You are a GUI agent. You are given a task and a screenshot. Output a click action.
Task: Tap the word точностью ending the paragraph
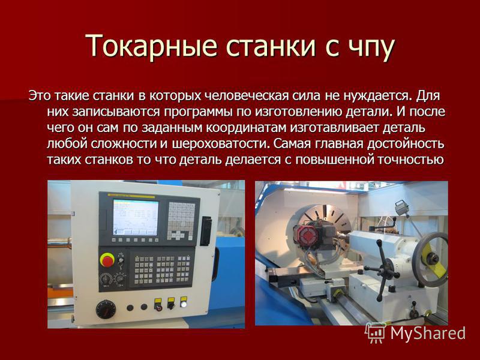(x=410, y=160)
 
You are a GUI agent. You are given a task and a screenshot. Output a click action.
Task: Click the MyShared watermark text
(x=428, y=334)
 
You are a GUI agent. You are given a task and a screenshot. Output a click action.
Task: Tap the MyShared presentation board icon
(x=376, y=333)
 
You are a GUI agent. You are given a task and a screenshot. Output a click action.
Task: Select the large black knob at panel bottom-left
(x=106, y=309)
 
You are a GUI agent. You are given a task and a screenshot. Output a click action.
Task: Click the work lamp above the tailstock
(x=401, y=208)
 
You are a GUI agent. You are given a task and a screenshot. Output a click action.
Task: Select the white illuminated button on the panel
(x=184, y=304)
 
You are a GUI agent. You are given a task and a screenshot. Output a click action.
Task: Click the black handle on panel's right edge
(x=206, y=231)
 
